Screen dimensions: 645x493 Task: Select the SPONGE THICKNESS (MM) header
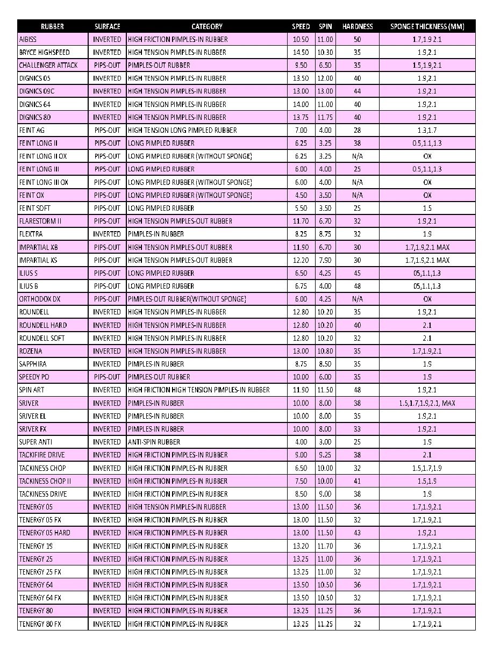click(427, 26)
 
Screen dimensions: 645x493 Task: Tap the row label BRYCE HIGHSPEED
click(44, 52)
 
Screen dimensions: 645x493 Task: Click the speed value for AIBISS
click(301, 39)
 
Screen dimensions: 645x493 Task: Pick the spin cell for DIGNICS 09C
click(325, 91)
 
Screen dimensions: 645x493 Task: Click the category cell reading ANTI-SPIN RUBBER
click(154, 442)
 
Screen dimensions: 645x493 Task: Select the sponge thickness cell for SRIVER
click(427, 403)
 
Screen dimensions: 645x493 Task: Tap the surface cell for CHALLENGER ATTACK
click(107, 65)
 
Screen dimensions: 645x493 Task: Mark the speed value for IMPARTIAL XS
click(301, 260)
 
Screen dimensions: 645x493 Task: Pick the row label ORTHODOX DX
click(40, 299)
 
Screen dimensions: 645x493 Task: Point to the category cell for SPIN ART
click(199, 390)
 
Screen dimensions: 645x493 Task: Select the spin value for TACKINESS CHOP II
click(325, 481)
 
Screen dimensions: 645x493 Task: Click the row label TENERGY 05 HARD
click(45, 533)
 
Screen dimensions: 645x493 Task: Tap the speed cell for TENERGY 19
click(301, 546)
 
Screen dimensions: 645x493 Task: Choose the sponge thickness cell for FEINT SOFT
click(427, 208)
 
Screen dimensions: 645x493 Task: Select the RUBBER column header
click(53, 26)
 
